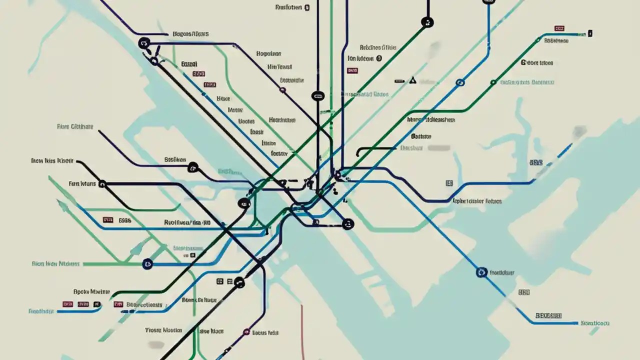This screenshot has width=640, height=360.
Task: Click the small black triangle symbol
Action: [x=412, y=80]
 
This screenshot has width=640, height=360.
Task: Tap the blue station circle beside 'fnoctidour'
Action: [x=481, y=272]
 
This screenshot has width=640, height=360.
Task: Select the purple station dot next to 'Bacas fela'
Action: [x=246, y=331]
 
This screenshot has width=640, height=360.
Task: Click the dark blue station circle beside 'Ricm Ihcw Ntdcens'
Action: [x=147, y=263]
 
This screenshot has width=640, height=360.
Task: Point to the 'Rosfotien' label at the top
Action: [x=289, y=7]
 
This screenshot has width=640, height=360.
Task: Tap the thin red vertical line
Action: [x=302, y=330]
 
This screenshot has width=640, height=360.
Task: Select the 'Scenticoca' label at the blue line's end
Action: [x=595, y=323]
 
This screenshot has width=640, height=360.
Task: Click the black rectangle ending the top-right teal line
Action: [x=590, y=34]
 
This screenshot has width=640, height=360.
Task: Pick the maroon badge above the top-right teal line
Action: [x=559, y=29]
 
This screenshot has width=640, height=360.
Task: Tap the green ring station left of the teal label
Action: [x=493, y=82]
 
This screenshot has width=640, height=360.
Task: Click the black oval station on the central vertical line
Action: [x=317, y=96]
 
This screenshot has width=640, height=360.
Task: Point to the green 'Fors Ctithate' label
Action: [x=75, y=127]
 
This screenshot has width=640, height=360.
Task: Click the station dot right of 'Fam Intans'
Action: [x=102, y=184]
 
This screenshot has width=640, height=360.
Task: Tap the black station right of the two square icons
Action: [x=239, y=282]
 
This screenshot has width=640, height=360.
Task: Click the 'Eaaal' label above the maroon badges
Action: [x=189, y=64]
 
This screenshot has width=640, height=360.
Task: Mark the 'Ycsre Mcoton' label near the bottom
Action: [x=163, y=330]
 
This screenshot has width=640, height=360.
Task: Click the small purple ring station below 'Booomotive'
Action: [x=282, y=90]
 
